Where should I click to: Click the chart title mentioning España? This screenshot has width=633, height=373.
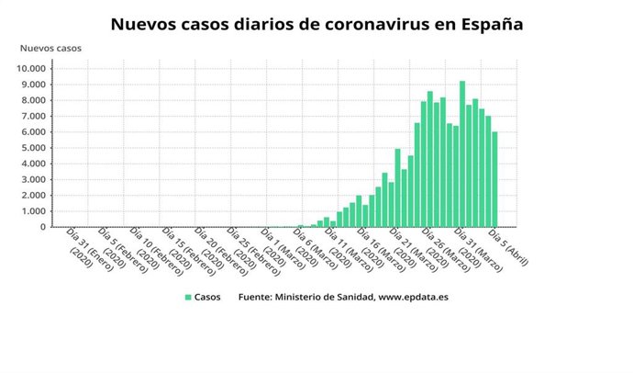pos(316,24)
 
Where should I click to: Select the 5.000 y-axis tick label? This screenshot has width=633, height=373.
pos(45,147)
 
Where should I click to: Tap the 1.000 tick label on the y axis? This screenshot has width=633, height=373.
pos(45,210)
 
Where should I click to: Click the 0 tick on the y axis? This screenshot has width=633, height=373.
pos(55,226)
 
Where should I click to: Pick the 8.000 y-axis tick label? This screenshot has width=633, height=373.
pos(45,100)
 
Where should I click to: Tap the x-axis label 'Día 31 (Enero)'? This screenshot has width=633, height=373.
pos(77,247)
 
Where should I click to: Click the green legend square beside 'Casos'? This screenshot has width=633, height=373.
pos(188,298)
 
